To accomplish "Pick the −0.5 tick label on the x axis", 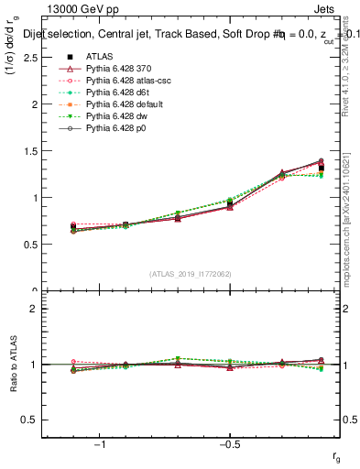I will [228, 444].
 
